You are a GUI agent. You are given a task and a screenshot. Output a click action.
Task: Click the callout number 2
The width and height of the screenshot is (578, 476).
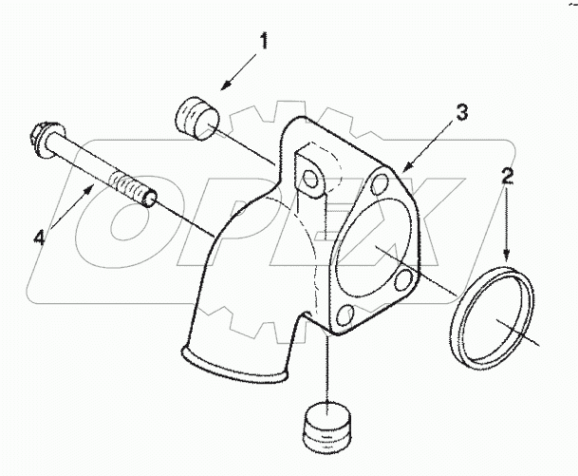pyautogui.click(x=508, y=175)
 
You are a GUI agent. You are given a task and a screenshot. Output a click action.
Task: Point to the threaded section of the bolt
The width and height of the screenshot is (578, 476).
pyautogui.click(x=130, y=184)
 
